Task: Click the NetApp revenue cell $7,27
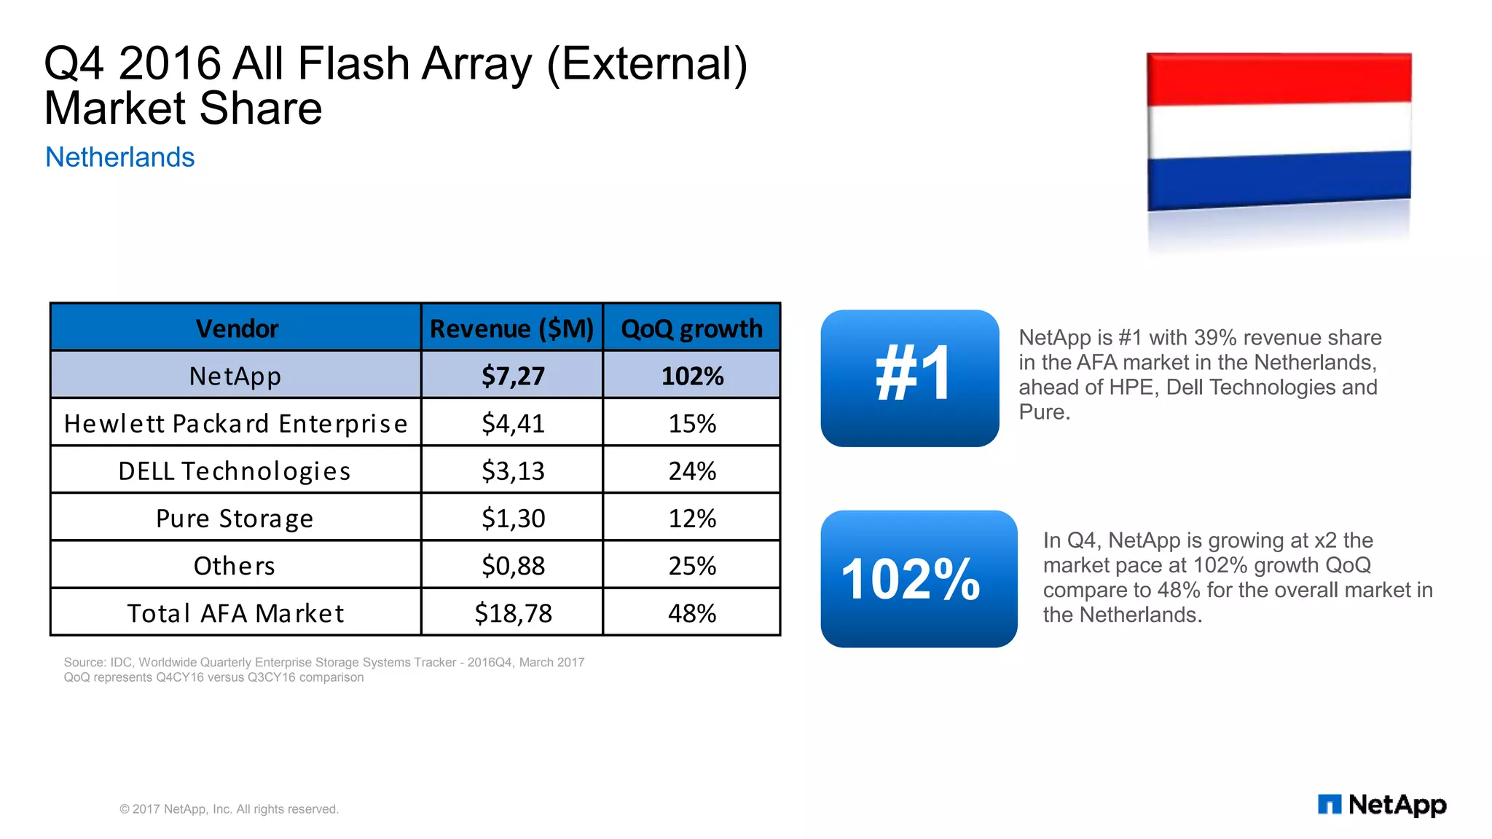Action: [x=512, y=376]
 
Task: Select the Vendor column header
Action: [x=236, y=328]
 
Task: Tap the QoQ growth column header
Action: [x=691, y=328]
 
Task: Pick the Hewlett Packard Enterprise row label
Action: [x=235, y=423]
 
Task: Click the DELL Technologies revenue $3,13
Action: [x=512, y=470]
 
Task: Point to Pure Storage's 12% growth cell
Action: [x=692, y=518]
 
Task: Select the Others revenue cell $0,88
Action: [x=512, y=565]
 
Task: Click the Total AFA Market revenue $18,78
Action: [x=512, y=612]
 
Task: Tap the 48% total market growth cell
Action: [x=692, y=612]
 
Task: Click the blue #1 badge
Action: [x=909, y=378]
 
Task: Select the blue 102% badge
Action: [x=918, y=578]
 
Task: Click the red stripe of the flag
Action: [x=1279, y=79]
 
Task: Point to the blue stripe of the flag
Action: [x=1279, y=178]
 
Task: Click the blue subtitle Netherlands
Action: [x=119, y=157]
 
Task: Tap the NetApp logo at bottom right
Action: [x=1381, y=804]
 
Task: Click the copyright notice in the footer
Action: [x=229, y=809]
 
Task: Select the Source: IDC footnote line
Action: [x=323, y=662]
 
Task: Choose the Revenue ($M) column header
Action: [x=511, y=328]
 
